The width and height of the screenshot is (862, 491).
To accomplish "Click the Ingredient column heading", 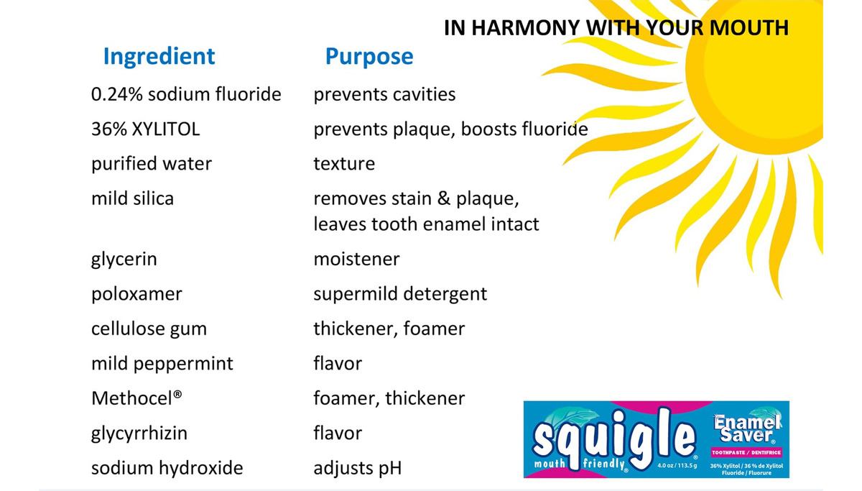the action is (x=159, y=57).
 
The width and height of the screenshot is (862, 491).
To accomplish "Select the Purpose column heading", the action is (x=369, y=57).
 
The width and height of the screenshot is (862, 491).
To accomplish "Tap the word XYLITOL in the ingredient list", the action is (x=166, y=129).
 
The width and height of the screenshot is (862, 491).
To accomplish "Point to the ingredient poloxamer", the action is (x=136, y=295).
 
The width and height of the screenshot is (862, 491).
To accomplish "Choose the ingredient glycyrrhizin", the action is (x=139, y=433).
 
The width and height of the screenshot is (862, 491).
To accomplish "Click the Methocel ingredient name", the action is (x=136, y=398).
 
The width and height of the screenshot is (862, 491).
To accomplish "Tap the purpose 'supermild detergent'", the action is (x=400, y=295).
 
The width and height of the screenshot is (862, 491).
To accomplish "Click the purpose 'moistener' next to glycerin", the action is (x=357, y=260).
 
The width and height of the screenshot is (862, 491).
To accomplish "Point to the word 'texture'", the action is (x=344, y=164).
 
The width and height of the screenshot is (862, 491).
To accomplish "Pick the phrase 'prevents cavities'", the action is (x=384, y=95).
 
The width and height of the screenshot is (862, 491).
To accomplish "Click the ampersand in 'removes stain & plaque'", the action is (x=444, y=198).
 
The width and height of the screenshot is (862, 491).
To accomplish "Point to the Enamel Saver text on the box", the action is (x=747, y=428).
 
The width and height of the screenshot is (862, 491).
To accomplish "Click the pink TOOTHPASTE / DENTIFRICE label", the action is (x=746, y=452).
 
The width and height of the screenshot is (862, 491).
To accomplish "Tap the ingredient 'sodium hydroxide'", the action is (x=167, y=468).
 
